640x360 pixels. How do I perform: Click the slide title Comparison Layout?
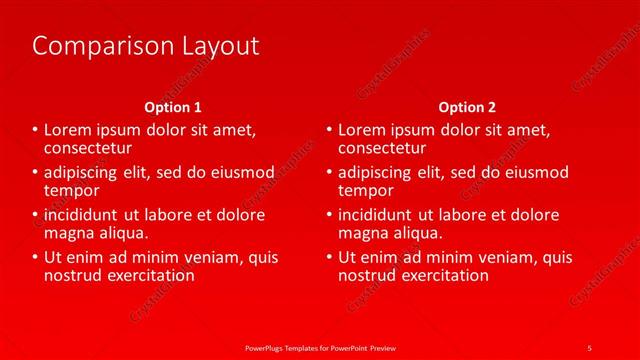pyautogui.click(x=145, y=46)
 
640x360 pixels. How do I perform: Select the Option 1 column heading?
pyautogui.click(x=173, y=107)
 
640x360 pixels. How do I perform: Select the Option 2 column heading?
pyautogui.click(x=467, y=107)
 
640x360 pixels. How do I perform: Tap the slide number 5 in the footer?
pyautogui.click(x=589, y=347)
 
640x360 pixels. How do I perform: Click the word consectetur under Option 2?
pyautogui.click(x=382, y=147)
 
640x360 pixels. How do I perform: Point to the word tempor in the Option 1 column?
pyautogui.click(x=72, y=190)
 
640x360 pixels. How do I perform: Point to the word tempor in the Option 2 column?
pyautogui.click(x=366, y=190)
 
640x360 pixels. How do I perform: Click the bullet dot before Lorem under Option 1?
pyautogui.click(x=36, y=131)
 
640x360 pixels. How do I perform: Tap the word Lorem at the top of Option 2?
pyautogui.click(x=362, y=130)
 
